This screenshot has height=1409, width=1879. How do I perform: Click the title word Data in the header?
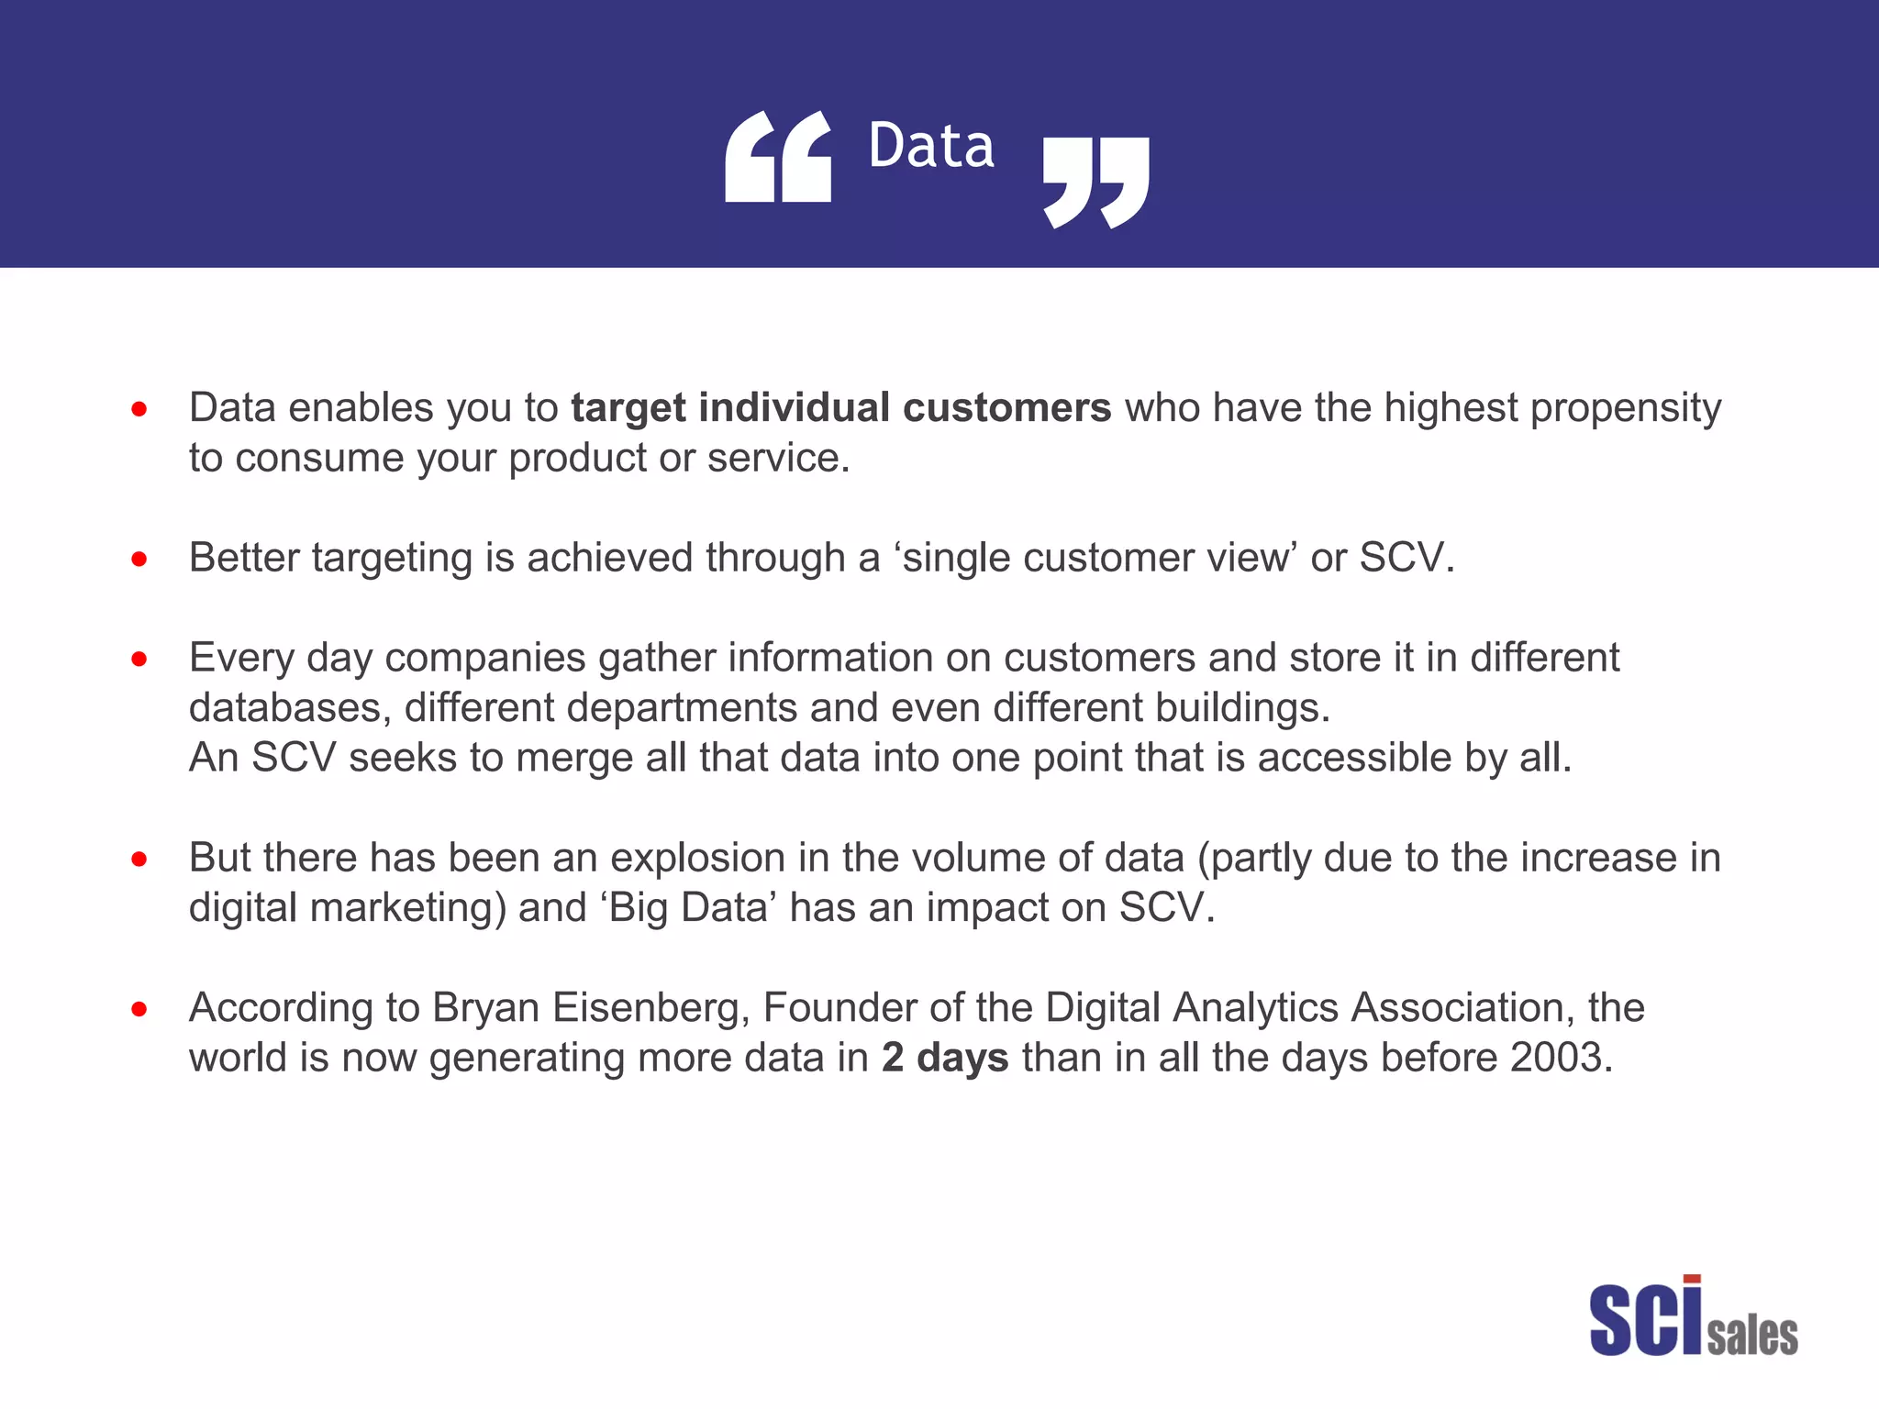(x=930, y=147)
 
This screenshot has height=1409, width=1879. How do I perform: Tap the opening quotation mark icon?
(x=778, y=157)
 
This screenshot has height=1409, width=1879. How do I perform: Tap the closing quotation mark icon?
(x=1096, y=182)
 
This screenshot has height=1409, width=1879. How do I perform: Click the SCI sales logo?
(x=1693, y=1317)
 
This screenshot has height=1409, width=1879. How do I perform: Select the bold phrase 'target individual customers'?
(x=841, y=408)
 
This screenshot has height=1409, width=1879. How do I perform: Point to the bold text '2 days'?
(x=945, y=1058)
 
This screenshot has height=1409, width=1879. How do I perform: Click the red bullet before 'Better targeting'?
(x=139, y=559)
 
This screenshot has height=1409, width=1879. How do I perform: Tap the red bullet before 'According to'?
(x=139, y=1009)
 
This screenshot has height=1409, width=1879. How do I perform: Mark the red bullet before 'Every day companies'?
(x=139, y=659)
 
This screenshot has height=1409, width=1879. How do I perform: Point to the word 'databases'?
(x=289, y=708)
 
